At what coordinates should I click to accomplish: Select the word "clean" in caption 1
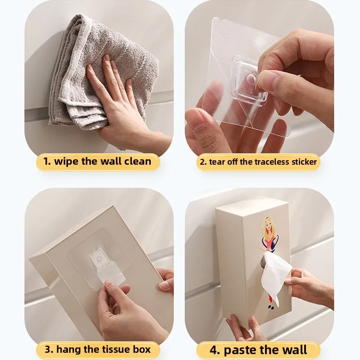(x=138, y=161)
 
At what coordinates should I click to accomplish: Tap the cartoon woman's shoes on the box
(x=271, y=307)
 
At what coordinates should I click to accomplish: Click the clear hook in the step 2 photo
(x=250, y=81)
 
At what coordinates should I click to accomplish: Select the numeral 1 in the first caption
(x=47, y=162)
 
